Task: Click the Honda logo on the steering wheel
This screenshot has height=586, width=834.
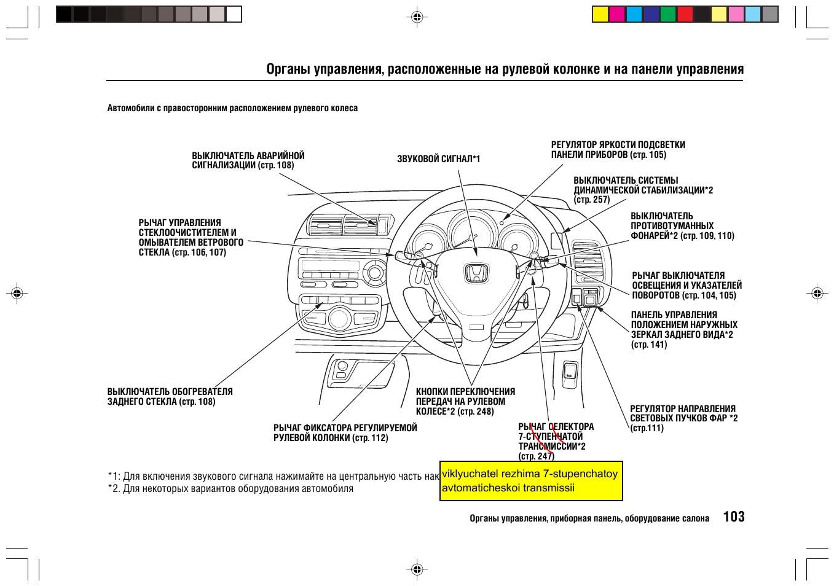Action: click(476, 274)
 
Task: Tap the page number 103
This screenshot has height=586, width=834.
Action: click(734, 517)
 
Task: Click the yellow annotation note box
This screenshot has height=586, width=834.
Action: click(531, 481)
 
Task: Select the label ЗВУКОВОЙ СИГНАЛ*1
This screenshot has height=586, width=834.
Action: click(438, 159)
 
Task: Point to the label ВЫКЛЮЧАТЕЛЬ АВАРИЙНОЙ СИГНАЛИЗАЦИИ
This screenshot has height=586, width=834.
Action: click(248, 161)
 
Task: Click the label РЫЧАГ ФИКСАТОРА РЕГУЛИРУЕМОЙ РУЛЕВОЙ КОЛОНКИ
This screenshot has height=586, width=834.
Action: click(345, 433)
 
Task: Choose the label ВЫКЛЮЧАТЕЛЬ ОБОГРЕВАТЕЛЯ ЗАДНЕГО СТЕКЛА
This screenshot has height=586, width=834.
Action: click(170, 397)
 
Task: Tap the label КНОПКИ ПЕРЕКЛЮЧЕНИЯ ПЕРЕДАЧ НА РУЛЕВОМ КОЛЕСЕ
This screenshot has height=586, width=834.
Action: click(465, 402)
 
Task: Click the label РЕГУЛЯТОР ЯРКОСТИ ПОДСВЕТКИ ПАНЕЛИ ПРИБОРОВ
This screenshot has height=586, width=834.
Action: click(618, 150)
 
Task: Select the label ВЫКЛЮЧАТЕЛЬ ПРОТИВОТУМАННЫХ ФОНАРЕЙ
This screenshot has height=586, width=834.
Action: click(682, 226)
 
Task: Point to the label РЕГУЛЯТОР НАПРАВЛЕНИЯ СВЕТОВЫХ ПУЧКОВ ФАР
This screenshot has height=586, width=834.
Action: click(683, 418)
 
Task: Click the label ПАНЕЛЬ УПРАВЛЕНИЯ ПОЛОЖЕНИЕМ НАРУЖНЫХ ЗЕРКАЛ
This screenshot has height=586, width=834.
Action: click(683, 330)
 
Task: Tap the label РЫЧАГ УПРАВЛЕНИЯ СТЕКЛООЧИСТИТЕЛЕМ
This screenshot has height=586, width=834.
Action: click(191, 238)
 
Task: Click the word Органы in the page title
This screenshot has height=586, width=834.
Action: click(288, 69)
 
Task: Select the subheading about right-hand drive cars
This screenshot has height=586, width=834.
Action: click(232, 109)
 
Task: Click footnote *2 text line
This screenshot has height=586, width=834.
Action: click(231, 489)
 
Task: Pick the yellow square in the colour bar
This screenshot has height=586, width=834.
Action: click(600, 14)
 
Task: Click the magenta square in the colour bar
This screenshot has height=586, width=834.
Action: click(617, 14)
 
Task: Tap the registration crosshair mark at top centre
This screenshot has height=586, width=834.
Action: click(417, 17)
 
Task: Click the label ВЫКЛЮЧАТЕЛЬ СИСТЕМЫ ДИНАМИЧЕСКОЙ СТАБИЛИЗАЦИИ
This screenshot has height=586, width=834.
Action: click(643, 190)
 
